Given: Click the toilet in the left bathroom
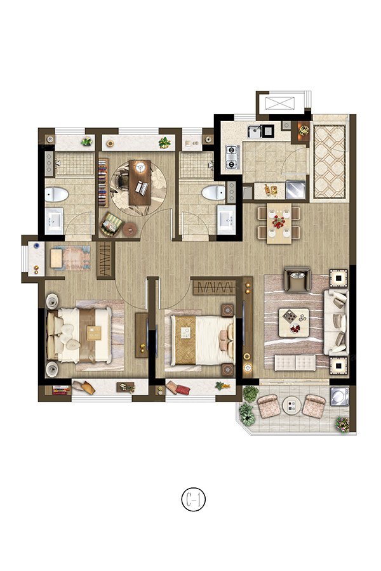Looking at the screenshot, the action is (57, 194).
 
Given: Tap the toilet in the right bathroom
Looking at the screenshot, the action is (213, 192).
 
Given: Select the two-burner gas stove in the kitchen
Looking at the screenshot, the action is (232, 157).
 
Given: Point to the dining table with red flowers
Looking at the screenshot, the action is (279, 223).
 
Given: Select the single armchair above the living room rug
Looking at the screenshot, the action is (297, 279).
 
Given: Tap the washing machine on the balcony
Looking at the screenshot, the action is (340, 396).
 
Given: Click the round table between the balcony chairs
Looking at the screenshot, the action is (291, 405).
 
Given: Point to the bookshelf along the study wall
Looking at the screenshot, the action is (104, 183).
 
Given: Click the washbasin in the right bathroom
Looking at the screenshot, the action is (227, 220).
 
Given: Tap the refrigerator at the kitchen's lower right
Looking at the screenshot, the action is (295, 189).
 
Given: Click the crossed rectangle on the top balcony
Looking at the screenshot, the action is (280, 103).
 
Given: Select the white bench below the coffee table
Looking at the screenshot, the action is (295, 363).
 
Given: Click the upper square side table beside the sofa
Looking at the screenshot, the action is (338, 279).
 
